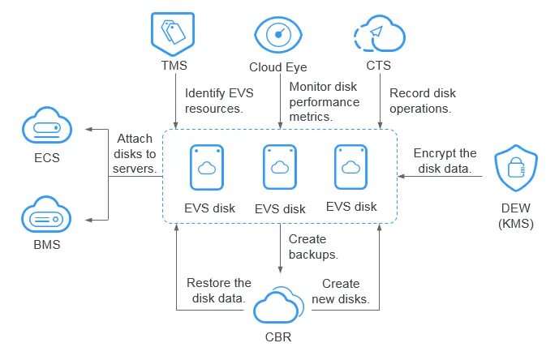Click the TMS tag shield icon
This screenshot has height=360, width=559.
tap(173, 34)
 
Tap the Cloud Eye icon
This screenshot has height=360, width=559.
tap(278, 35)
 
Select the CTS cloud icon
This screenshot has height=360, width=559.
tap(380, 33)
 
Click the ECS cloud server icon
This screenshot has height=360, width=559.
tap(47, 125)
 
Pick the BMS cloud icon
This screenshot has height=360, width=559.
tap(46, 214)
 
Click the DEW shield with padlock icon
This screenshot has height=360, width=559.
tap(516, 168)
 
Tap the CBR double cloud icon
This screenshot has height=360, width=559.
tap(279, 305)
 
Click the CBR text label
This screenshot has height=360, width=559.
tap(278, 336)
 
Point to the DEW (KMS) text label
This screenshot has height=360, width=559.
tap(516, 216)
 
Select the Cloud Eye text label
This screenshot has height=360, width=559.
tap(278, 67)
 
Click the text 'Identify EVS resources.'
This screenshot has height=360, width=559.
tap(219, 101)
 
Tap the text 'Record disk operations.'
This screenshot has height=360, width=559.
tap(423, 101)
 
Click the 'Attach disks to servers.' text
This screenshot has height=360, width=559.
tap(135, 153)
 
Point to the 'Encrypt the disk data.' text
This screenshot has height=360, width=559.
tap(445, 161)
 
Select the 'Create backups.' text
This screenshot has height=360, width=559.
tap(313, 246)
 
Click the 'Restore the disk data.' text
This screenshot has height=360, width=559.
tap(219, 290)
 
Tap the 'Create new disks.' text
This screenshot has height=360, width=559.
tap(341, 291)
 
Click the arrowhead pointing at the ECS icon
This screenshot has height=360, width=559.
tap(88, 130)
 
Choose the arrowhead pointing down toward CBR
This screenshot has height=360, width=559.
tap(280, 270)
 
